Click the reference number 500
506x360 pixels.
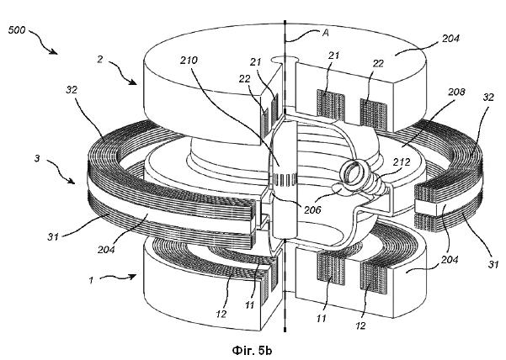tap(17, 30)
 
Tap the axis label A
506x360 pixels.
tap(326, 33)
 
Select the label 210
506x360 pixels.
tap(189, 60)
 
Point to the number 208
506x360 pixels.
tap(456, 92)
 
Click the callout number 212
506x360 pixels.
tap(402, 161)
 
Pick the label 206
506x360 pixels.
tap(312, 209)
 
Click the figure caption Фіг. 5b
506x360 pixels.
tap(252, 350)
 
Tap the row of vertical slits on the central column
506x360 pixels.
tap(285, 179)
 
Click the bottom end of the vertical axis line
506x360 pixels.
tap(285, 330)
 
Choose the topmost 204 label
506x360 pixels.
tap(450, 39)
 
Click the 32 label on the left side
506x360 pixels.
tap(72, 90)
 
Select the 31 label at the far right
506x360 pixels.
tap(493, 264)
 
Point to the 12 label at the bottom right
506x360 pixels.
tap(361, 326)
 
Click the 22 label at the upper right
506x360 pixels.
tap(378, 63)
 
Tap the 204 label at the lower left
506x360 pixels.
tap(106, 249)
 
